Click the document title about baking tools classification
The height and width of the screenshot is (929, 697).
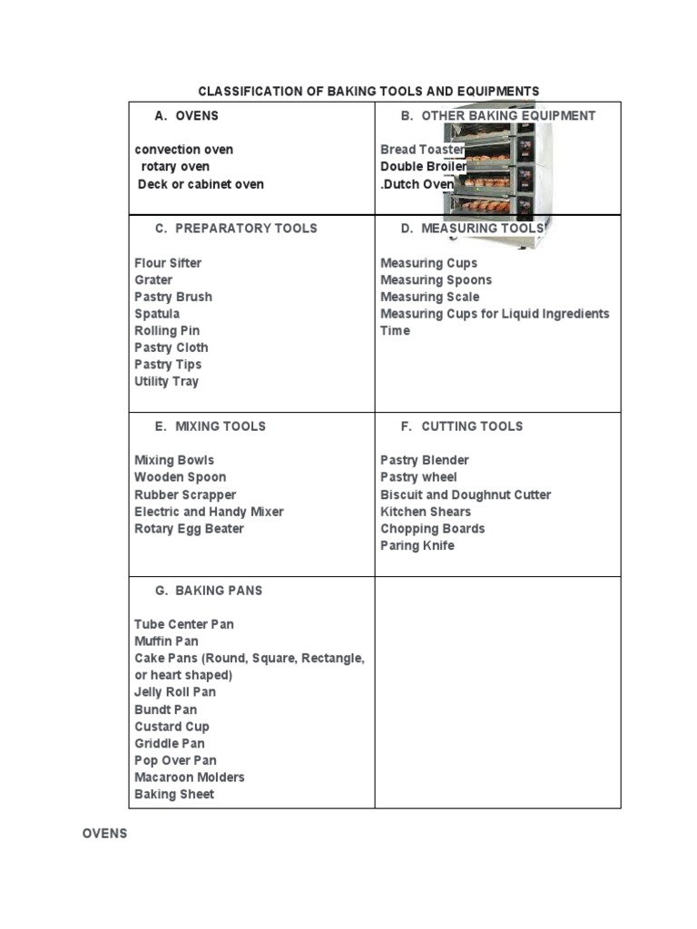pos(368,91)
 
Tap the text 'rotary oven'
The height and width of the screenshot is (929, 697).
pos(175,166)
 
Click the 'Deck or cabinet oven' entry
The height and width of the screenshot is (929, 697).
pos(201,183)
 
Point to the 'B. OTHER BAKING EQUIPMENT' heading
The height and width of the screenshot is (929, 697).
pos(498,115)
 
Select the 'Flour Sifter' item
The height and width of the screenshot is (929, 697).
pos(168,262)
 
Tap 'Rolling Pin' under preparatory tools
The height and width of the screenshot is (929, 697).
pos(167,330)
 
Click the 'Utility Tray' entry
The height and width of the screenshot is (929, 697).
pos(166,381)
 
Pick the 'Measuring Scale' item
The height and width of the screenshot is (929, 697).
pos(429,297)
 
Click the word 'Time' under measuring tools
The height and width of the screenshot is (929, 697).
pos(395,330)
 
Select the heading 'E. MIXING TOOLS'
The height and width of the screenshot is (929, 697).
pos(211,425)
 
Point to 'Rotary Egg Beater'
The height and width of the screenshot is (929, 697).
pos(189,528)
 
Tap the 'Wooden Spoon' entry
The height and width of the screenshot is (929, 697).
pos(180,476)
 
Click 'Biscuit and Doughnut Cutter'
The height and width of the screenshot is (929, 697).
pos(466,494)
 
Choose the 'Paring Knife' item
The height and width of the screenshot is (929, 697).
pos(417,545)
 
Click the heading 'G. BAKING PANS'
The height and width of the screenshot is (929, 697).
pos(208,590)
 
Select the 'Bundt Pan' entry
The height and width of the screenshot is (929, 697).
pos(165,709)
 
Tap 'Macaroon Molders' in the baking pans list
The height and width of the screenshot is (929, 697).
pos(189,777)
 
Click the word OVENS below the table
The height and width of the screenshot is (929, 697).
pos(104,833)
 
